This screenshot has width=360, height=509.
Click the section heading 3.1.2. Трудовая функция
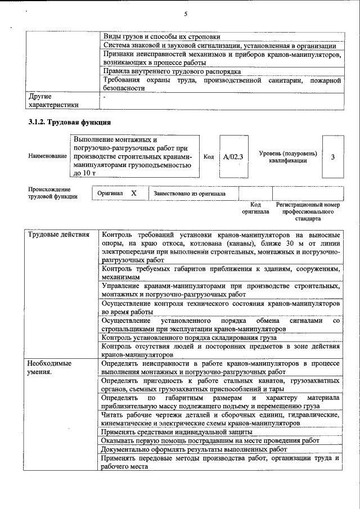pos(69,122)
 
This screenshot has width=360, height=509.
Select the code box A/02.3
pos(232,157)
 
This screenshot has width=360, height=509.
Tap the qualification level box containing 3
pos(332,157)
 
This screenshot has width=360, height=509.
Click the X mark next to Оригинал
pos(134,193)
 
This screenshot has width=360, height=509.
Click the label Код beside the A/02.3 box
pos(209,157)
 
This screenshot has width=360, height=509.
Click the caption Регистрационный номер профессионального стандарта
pos(309,211)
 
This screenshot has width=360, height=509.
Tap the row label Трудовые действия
pos(59,235)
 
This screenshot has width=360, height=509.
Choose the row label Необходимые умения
pos(50,368)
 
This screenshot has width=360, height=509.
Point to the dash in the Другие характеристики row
pos(104,97)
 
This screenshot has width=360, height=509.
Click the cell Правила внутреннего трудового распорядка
pos(172,71)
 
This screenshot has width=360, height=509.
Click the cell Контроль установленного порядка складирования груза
pos(188,337)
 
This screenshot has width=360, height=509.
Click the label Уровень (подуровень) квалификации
pos(288,157)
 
